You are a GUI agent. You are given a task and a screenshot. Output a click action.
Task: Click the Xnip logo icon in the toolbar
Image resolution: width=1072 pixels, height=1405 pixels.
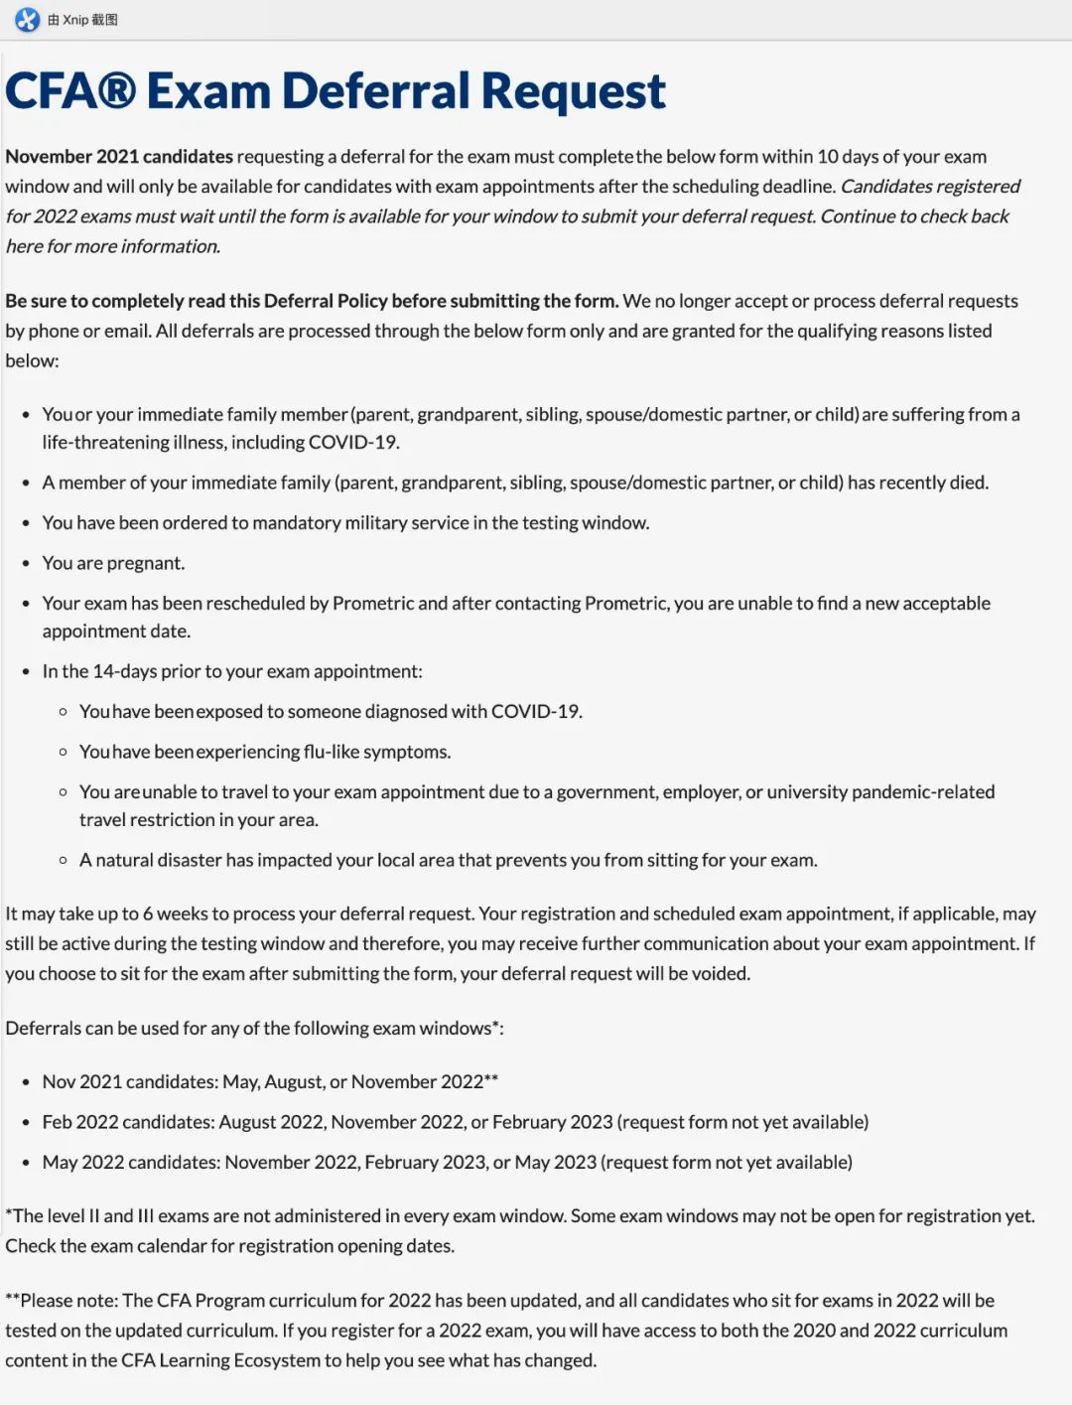coord(27,19)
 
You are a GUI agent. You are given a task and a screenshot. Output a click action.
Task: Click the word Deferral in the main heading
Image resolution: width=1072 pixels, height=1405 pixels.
coord(376,91)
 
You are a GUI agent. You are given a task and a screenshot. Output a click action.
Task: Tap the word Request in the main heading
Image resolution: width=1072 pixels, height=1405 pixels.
coord(574,91)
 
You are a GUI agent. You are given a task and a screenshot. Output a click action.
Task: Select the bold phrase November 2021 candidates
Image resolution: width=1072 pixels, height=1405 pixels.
coord(119,157)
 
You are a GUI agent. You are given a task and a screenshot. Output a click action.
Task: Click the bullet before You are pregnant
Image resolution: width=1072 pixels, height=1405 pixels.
coord(26,564)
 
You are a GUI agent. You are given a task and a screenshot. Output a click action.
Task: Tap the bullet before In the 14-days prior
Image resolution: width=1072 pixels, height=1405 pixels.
coord(26,672)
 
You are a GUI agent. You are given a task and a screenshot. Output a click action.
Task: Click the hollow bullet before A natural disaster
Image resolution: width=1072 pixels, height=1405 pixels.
coord(64,861)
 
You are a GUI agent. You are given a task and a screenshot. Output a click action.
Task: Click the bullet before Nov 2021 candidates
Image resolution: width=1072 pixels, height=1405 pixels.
coord(26,1082)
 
